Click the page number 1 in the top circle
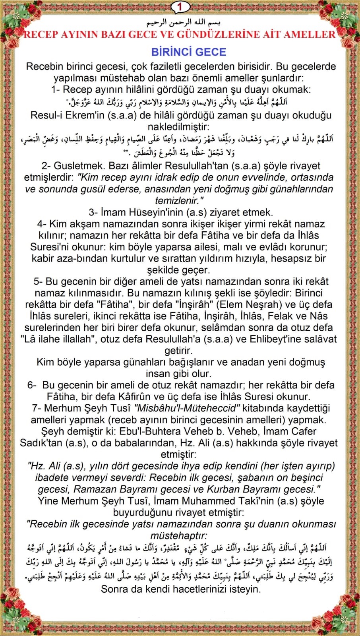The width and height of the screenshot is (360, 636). [180, 7]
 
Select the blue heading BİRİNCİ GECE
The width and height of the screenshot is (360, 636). [189, 52]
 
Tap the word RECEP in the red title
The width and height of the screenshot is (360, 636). [41, 35]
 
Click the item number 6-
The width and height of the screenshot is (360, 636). [32, 385]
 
